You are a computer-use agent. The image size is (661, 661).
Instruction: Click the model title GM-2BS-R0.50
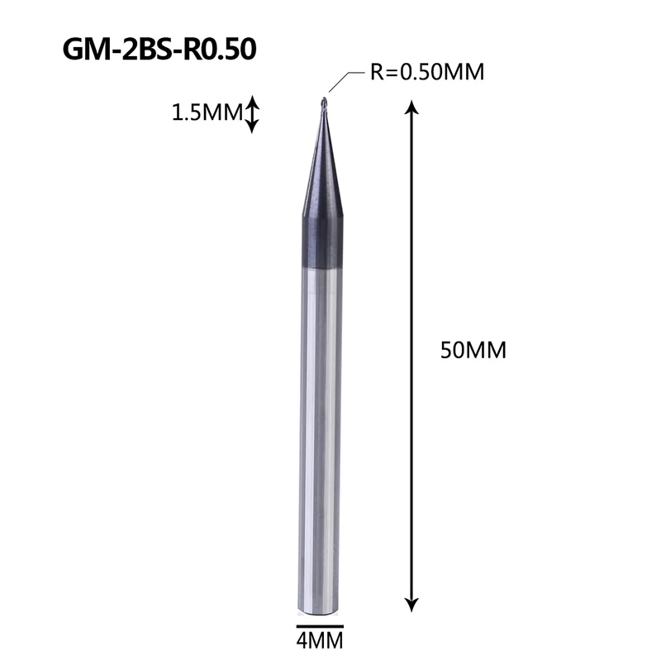point(159,49)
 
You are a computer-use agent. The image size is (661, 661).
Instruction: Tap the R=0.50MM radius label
point(427,72)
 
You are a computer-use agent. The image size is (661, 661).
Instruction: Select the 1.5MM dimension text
point(207,113)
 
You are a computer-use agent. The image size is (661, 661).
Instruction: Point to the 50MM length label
point(473,350)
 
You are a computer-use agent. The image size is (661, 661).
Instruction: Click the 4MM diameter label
point(320,641)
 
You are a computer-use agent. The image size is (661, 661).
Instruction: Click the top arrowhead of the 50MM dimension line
point(411,108)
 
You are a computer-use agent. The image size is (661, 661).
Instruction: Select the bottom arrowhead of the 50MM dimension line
point(411,605)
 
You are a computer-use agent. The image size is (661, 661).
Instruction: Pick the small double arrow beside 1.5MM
point(252,114)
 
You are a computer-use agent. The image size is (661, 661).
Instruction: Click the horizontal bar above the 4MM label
point(320,626)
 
